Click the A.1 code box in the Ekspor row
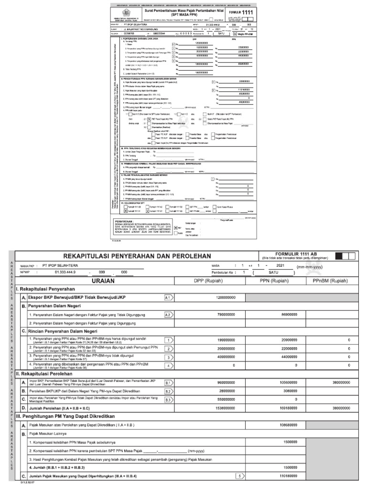coord(168,298)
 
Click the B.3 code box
coord(168,400)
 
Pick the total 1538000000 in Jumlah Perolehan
coord(223,408)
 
